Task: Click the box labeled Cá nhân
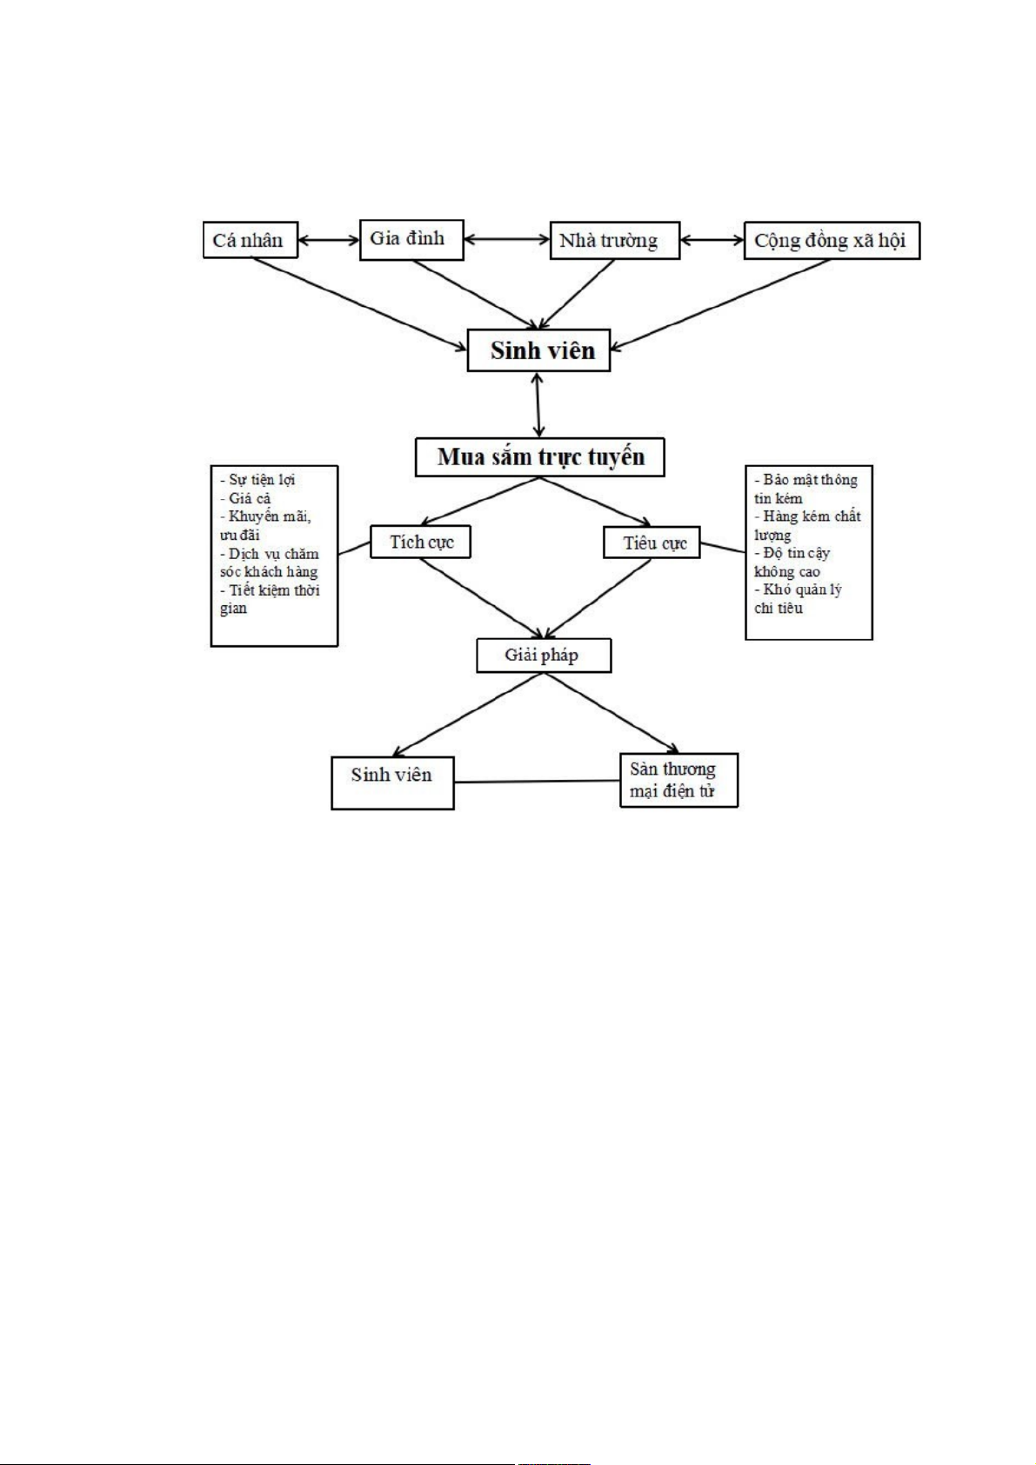(250, 240)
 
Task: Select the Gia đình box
(411, 239)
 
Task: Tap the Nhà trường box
(613, 241)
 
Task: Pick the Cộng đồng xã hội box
(831, 241)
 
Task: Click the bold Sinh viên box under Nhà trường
(538, 350)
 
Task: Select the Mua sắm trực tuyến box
(539, 457)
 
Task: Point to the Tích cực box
(420, 542)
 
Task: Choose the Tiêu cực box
(652, 543)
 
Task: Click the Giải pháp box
(543, 656)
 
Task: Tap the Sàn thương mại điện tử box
(678, 780)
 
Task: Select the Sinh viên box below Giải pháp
(392, 782)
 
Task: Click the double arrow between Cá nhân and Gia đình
(328, 240)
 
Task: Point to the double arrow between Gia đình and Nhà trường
(506, 239)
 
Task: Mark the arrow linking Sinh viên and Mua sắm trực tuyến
(538, 404)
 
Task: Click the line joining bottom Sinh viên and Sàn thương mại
(537, 782)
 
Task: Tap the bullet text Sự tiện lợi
(258, 480)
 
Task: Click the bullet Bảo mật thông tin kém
(805, 489)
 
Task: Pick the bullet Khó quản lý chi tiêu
(798, 599)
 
